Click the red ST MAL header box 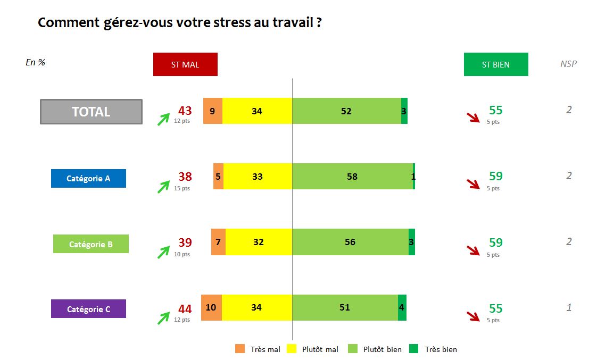point(185,64)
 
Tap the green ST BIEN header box point(496,64)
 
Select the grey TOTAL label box point(91,112)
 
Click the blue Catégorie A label point(88,178)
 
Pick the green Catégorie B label point(90,244)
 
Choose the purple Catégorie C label point(88,309)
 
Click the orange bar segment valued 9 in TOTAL point(213,111)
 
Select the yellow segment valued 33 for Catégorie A point(258,176)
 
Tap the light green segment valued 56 point(350,242)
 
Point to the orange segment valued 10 point(211,307)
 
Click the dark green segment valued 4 point(402,307)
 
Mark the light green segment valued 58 point(352,176)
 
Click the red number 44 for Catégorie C point(185,309)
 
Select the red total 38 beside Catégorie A point(185,177)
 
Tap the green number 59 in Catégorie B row point(495,242)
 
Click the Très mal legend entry point(258,349)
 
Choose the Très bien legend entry point(433,349)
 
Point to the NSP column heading point(568,64)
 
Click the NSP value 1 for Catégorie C point(569,307)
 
